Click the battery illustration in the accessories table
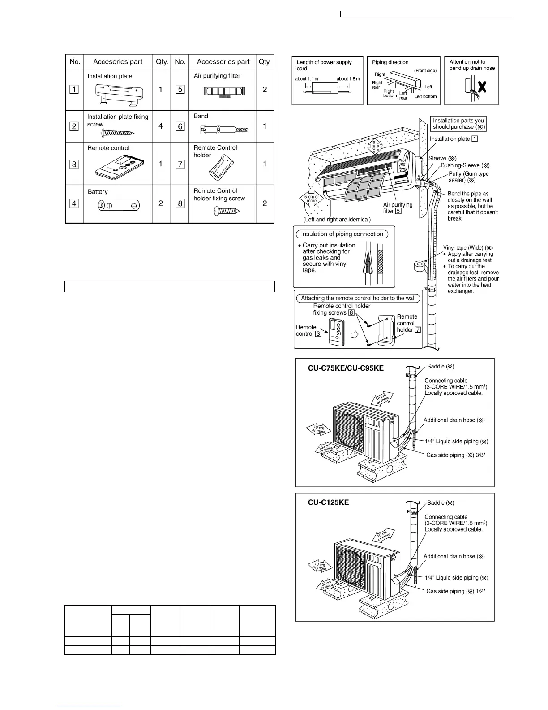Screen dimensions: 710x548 pos(119,206)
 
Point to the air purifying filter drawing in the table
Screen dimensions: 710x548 pos(224,91)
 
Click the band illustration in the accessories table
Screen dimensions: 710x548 pos(223,130)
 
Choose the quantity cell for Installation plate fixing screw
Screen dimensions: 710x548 pos(161,126)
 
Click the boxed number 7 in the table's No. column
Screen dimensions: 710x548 pos(180,164)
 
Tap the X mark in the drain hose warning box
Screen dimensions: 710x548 pos(482,87)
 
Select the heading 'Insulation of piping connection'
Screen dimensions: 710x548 pos(342,234)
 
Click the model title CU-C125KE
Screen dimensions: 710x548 pos(328,502)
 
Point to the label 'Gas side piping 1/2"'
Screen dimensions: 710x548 pos(455,591)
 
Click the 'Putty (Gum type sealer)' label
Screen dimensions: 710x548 pos(468,177)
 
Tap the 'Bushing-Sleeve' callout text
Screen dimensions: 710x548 pos(465,165)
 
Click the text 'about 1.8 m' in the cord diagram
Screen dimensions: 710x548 pos(348,79)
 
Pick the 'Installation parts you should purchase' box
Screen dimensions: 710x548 pos(458,123)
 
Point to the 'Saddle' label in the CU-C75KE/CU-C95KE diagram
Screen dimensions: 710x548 pos(441,367)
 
